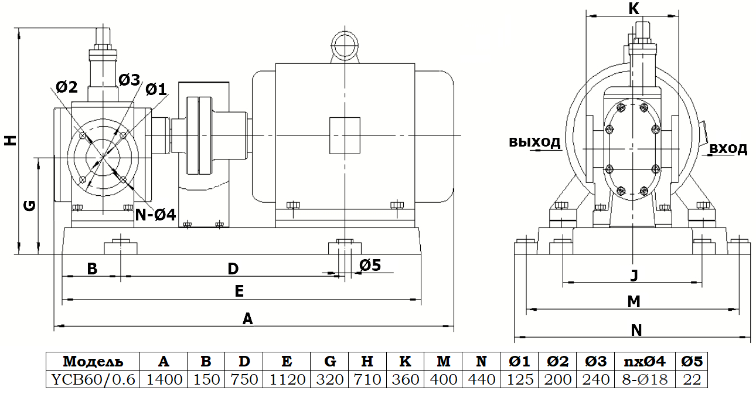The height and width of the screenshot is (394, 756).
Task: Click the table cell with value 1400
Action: pos(164,379)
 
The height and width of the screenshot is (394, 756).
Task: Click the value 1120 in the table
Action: pos(287,379)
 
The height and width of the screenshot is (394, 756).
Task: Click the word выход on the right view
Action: pos(534,142)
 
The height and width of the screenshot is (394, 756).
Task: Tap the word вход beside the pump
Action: pos(728,149)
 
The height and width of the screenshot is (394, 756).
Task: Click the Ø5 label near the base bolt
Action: pos(370,265)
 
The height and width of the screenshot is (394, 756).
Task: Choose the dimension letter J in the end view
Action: pos(634,275)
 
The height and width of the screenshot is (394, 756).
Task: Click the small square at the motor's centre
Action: pos(345,135)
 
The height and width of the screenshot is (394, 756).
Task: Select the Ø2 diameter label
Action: pos(67,87)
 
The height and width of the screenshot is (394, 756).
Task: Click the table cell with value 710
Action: pos(367,379)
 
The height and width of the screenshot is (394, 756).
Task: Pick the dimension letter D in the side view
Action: pos(233,269)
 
